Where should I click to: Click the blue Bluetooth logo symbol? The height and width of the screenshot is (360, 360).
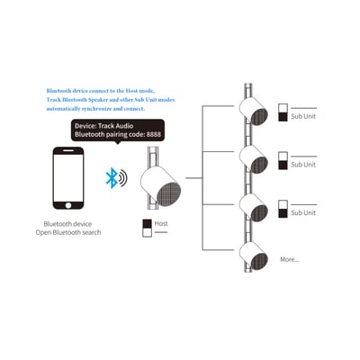pos(112,178)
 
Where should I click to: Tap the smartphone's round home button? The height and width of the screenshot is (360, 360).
pos(68,205)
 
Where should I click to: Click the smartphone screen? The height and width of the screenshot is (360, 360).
pos(68,178)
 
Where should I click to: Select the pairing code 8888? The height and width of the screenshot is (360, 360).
pos(154,134)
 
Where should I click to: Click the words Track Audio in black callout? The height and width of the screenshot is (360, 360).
pos(116,126)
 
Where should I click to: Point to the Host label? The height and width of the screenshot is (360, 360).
pos(161,223)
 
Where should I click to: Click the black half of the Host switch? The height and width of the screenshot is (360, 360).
pos(147,224)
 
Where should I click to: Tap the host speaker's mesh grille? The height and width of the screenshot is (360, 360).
pos(169,194)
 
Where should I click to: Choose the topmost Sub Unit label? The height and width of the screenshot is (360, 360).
pos(303,116)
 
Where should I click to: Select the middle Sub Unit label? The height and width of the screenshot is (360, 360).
pos(303,165)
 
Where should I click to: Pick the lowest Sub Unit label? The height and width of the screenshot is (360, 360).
pos(303,212)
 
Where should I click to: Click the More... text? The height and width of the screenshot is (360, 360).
pos(290,259)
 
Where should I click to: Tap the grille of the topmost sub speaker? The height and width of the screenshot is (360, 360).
pos(259,117)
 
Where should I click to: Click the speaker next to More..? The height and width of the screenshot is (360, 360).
pos(254,256)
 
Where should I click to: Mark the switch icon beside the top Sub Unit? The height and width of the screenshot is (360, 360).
pos(283,112)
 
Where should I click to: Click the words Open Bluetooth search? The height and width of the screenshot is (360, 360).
pos(68,232)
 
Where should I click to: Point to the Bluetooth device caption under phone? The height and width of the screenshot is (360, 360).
pos(67,224)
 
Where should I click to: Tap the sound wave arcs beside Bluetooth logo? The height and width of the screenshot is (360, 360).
pos(123,178)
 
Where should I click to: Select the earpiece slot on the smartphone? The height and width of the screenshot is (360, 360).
pos(68,151)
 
